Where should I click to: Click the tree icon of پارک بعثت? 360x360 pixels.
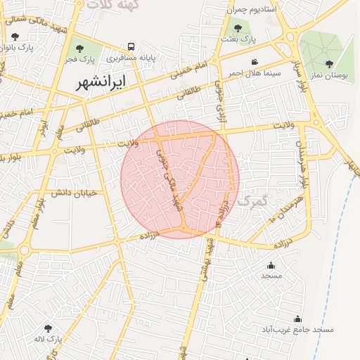pos(238,29)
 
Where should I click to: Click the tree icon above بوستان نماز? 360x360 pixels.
pos(329,63)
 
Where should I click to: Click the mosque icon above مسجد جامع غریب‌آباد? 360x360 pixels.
pos(297,319)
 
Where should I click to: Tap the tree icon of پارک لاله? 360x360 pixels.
pos(49,328)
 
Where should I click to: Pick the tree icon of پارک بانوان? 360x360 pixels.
pos(15,37)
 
